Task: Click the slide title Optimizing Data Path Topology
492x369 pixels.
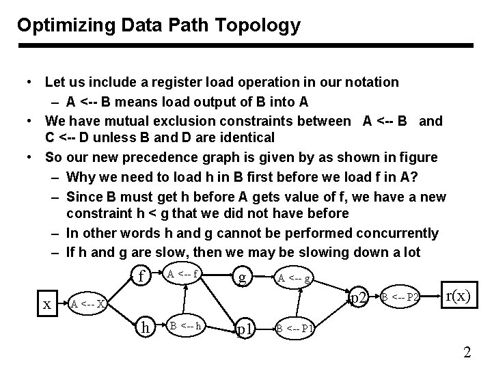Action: point(159,26)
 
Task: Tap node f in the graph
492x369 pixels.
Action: point(141,276)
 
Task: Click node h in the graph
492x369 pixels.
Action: point(144,328)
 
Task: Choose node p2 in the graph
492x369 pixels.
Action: point(358,298)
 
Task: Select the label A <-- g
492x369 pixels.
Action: point(295,277)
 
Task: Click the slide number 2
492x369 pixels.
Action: point(467,353)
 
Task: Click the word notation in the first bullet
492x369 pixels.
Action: point(370,83)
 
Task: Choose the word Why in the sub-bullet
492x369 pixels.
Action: point(81,176)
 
